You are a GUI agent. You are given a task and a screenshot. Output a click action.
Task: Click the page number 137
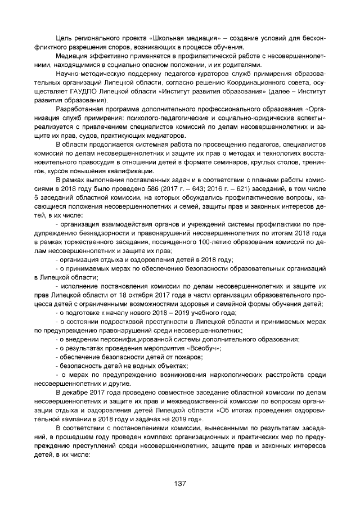[x=180, y=483]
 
